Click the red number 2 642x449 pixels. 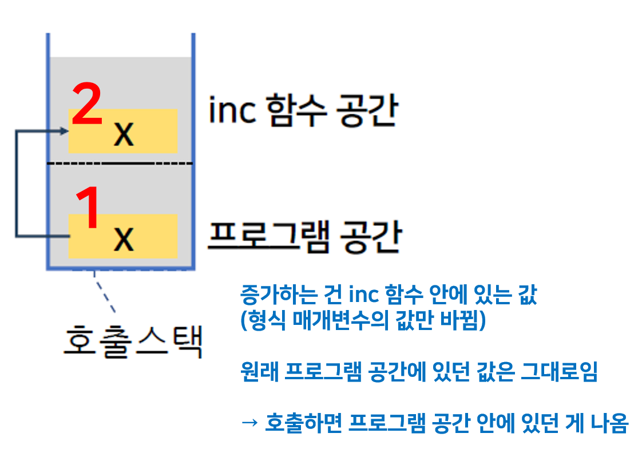click(87, 104)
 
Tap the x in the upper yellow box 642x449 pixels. click(124, 134)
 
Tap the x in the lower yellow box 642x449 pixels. click(124, 239)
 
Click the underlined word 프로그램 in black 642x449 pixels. click(267, 236)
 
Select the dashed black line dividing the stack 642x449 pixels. click(120, 164)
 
